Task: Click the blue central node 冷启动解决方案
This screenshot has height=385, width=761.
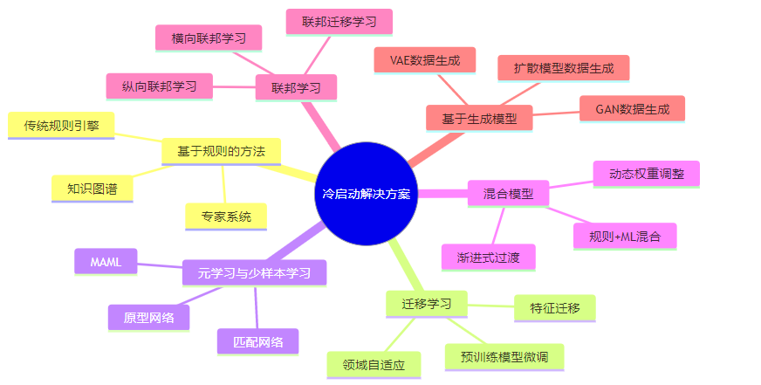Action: point(367,192)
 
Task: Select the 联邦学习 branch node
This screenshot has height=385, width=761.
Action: point(296,87)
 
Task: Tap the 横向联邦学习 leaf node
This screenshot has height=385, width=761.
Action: point(209,38)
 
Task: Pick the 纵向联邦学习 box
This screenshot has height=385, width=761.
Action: point(159,86)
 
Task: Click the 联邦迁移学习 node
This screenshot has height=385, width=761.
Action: point(339,22)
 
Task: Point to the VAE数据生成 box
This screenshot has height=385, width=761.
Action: point(425,60)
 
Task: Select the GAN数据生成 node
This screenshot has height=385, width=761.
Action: point(632,109)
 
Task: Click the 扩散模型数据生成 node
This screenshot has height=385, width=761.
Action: point(564,67)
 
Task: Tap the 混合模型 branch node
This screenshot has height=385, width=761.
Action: point(508,193)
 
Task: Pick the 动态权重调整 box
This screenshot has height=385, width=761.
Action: point(646,173)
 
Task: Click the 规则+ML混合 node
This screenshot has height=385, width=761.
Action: point(625,236)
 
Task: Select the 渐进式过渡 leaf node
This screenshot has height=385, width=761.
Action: point(488,257)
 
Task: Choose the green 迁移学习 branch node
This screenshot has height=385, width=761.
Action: point(427,304)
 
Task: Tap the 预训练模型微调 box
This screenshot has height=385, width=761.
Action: point(504,356)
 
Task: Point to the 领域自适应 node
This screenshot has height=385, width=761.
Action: point(374,364)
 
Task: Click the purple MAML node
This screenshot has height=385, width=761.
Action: point(106,261)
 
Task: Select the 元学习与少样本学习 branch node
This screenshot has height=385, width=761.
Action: point(254,272)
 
